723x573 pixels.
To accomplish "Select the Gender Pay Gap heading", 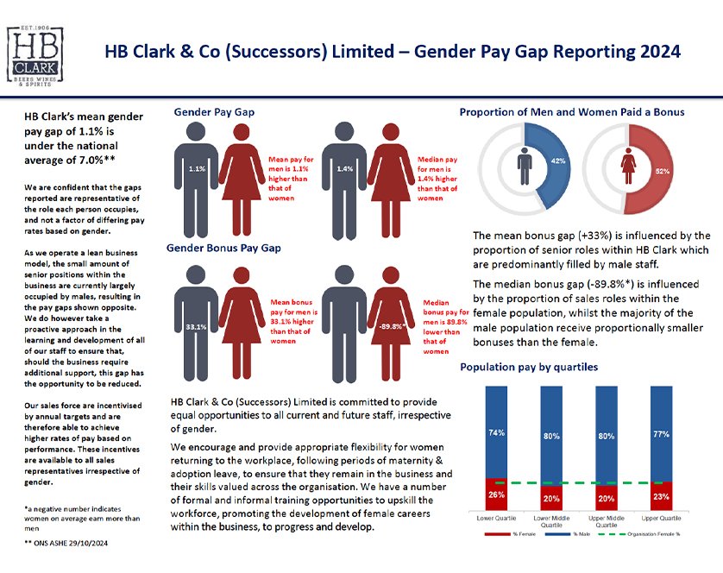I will pos(214,112).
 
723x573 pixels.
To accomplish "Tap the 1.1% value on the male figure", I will pos(197,169).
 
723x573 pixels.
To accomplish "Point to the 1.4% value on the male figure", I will pos(346,169).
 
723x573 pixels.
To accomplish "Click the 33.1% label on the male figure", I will pos(196,327).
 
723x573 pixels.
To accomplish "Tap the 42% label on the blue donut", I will pos(558,161).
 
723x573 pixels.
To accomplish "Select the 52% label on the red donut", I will pos(663,171).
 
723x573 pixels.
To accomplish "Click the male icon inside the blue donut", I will pos(524,167).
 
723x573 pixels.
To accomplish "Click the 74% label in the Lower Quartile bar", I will pos(497,433).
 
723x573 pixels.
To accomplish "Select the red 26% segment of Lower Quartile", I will pos(497,494).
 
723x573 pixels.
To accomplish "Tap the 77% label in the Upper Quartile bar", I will pos(661,434).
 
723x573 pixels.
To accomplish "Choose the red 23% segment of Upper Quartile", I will pos(661,496).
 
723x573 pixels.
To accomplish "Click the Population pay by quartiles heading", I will pos(528,367).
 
